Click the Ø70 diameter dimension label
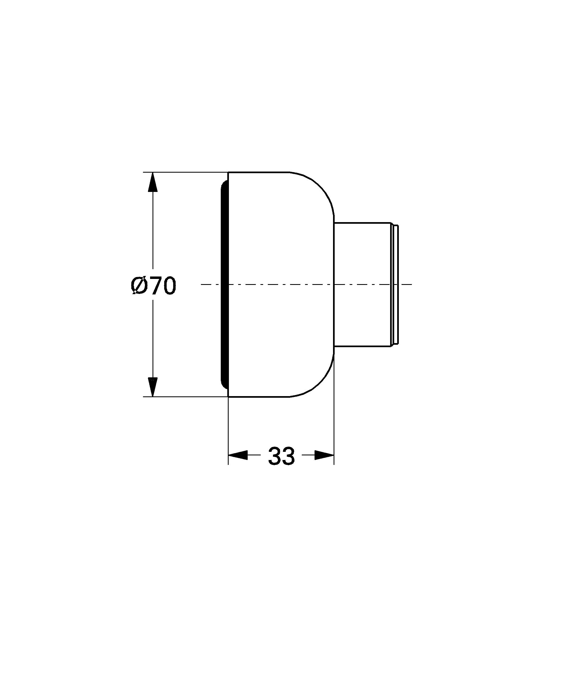click(153, 286)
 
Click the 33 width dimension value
click(281, 456)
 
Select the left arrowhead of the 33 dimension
click(238, 455)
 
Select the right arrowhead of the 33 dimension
click(324, 455)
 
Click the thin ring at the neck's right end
click(395, 284)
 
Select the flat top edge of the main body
click(259, 172)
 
